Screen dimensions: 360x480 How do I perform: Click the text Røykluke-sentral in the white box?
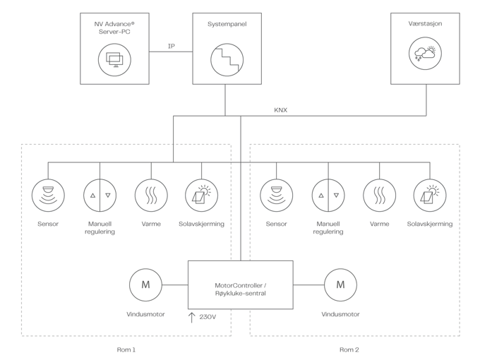point(240,293)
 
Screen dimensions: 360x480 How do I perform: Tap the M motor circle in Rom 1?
point(145,285)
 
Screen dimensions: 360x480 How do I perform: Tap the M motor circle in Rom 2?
point(341,285)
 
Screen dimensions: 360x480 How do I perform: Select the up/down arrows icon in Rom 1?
point(100,194)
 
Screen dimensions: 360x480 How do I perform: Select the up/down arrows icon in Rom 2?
point(328,194)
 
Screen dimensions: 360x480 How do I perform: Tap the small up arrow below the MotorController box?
point(190,319)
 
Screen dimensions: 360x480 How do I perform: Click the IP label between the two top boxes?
point(170,47)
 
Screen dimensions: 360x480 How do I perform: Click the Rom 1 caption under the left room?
point(125,349)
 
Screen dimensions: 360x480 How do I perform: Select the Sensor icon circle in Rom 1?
point(48,194)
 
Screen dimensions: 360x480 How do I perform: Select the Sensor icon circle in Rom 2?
point(276,194)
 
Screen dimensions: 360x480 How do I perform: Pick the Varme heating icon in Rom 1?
point(150,194)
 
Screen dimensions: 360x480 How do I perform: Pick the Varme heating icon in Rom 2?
point(379,194)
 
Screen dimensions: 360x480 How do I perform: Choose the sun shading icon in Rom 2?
point(430,194)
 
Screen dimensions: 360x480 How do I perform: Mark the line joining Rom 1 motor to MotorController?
point(174,285)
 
